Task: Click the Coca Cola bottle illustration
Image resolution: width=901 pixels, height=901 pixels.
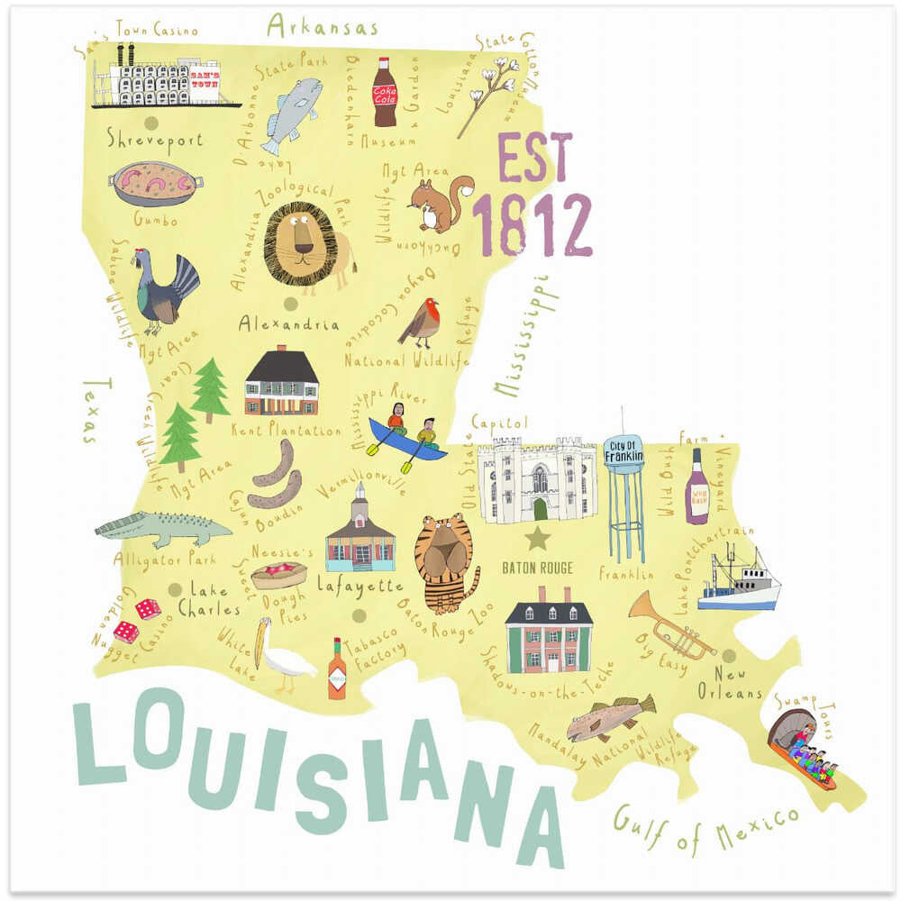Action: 386,92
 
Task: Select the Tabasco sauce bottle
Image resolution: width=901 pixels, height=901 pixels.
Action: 337,670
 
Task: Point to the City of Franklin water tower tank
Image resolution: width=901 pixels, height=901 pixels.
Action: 623,455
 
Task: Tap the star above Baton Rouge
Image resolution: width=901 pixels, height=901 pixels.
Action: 538,539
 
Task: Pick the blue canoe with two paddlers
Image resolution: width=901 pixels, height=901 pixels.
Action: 407,440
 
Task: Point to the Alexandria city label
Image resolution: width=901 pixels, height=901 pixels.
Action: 288,324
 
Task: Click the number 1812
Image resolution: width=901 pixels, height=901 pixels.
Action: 532,225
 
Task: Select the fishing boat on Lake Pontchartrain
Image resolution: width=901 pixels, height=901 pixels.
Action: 739,581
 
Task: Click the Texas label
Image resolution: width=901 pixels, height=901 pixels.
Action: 90,411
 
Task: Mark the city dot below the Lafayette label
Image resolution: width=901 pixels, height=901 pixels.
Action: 359,615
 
